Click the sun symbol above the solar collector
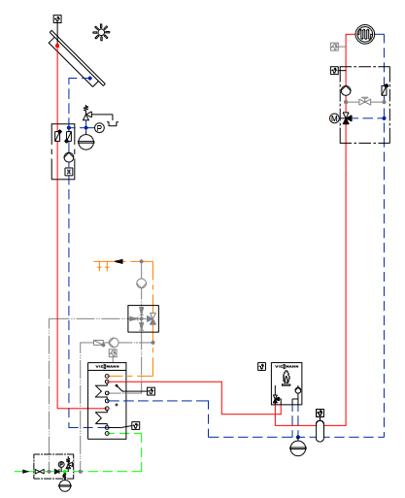(101, 32)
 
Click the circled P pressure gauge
(99, 127)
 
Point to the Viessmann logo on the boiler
(287, 366)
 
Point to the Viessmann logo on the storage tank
(107, 366)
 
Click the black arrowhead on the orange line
(119, 261)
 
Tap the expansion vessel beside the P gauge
(86, 140)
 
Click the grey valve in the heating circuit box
(365, 101)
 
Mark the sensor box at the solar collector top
(57, 19)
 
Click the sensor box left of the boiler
(261, 366)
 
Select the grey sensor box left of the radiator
(335, 47)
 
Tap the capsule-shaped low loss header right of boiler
(321, 429)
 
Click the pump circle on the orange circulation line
(141, 283)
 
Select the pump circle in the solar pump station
(68, 157)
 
